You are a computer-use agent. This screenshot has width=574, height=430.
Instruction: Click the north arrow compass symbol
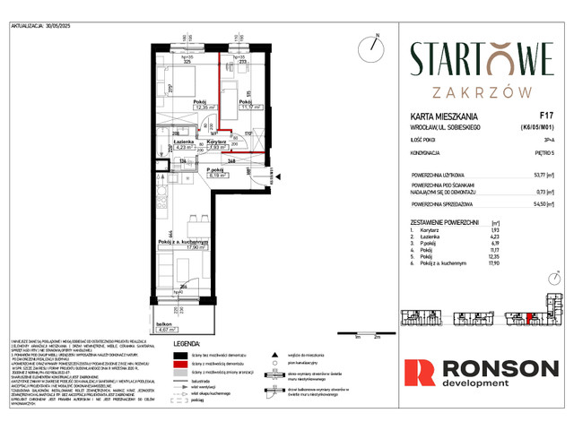coord(369,46)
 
